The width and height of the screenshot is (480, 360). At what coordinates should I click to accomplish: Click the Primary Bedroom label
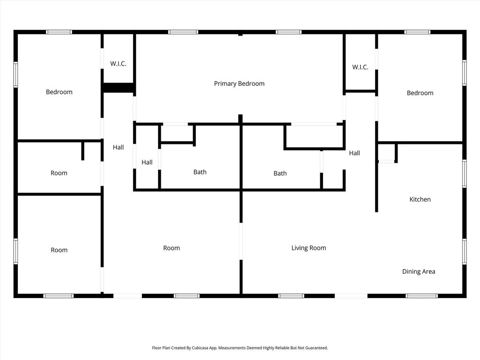[x=239, y=83]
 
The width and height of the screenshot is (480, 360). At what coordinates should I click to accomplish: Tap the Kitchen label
[x=420, y=199]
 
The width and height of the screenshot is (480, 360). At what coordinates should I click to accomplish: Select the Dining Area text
[x=419, y=271]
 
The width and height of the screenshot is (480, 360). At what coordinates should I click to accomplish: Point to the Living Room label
[x=308, y=248]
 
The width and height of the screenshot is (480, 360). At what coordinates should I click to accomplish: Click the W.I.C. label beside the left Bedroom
[x=118, y=64]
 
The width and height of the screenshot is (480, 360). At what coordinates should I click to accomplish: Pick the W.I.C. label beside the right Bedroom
[x=360, y=67]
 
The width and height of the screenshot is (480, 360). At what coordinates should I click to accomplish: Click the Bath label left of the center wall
[x=200, y=172]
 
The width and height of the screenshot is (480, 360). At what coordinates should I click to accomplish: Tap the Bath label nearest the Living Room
[x=280, y=173]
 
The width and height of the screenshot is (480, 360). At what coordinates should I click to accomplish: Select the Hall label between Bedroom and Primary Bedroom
[x=118, y=147]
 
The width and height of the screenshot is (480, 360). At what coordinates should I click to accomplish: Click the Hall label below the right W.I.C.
[x=354, y=153]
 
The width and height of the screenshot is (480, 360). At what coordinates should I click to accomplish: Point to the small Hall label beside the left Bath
[x=147, y=162]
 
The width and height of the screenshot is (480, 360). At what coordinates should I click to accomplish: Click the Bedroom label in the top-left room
[x=59, y=92]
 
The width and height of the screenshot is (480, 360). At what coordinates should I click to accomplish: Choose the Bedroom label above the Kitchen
[x=420, y=93]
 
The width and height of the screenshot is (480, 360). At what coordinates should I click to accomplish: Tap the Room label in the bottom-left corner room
[x=59, y=250]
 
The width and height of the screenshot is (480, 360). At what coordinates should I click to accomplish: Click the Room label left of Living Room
[x=172, y=248]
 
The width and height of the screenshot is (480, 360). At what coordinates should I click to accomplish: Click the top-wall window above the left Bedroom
[x=59, y=32]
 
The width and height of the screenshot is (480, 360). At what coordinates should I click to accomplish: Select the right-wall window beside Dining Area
[x=465, y=252]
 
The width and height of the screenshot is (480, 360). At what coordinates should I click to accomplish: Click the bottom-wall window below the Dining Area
[x=422, y=296]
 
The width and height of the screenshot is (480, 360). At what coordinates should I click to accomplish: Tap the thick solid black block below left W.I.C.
[x=118, y=88]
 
